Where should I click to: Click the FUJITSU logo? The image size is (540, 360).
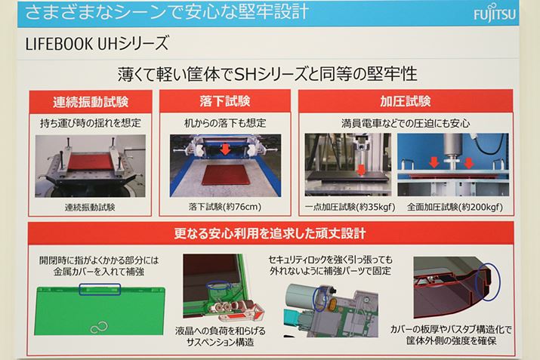(495, 13)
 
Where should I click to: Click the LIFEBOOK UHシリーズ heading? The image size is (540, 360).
(97, 44)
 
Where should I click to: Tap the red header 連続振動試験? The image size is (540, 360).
(90, 102)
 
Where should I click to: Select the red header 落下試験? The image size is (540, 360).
(225, 101)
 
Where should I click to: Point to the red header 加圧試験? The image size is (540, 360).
(406, 101)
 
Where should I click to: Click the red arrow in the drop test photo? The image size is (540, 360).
(226, 149)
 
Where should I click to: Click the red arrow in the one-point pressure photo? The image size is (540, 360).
(361, 170)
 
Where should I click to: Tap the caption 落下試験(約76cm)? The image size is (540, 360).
(225, 207)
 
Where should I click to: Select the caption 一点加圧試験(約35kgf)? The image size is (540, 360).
(350, 207)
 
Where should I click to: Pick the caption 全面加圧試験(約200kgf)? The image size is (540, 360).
(455, 207)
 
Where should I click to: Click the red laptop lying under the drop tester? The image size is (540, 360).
(225, 175)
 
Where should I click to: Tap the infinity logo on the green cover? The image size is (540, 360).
(99, 328)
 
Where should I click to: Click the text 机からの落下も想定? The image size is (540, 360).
(225, 123)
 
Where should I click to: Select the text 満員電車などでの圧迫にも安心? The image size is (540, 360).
(406, 123)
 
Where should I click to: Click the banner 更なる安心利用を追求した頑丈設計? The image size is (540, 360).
(270, 233)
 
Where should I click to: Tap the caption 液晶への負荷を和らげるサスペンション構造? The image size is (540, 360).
(221, 337)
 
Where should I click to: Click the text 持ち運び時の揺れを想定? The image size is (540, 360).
(90, 123)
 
